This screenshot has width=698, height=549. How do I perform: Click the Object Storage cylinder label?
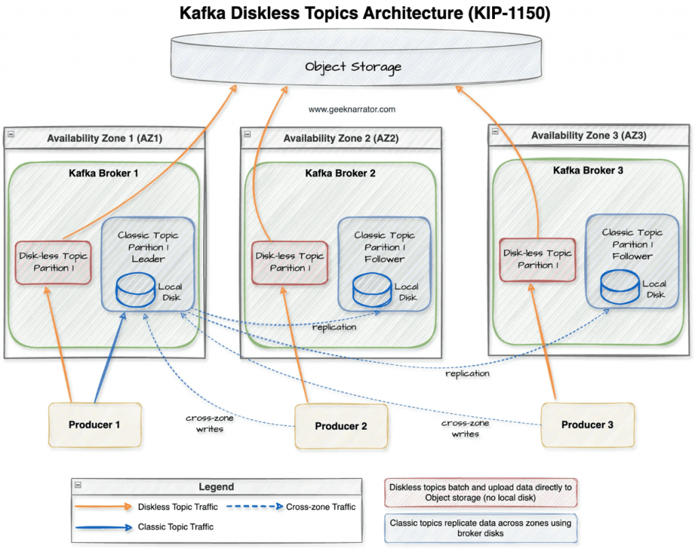pyautogui.click(x=352, y=67)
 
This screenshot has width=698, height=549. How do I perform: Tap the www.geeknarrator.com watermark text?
pyautogui.click(x=352, y=109)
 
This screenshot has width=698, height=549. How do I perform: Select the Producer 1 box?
pyautogui.click(x=94, y=425)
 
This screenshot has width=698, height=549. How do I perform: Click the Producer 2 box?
pyautogui.click(x=341, y=426)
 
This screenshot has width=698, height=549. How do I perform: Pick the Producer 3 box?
pyautogui.click(x=587, y=425)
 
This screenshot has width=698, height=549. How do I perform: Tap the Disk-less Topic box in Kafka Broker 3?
pyautogui.click(x=536, y=259)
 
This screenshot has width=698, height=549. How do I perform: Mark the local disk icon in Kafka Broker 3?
pyautogui.click(x=619, y=288)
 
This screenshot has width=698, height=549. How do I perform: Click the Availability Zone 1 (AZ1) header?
pyautogui.click(x=105, y=138)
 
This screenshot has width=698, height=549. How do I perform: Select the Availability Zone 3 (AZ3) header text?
pyautogui.click(x=588, y=136)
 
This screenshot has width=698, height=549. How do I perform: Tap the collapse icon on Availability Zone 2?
pyautogui.click(x=247, y=135)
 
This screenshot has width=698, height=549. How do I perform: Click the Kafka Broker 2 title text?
pyautogui.click(x=340, y=173)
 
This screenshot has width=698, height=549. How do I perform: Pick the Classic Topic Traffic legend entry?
pyautogui.click(x=175, y=526)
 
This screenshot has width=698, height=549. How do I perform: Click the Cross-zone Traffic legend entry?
pyautogui.click(x=320, y=507)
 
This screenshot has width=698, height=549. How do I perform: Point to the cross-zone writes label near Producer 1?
pyautogui.click(x=204, y=424)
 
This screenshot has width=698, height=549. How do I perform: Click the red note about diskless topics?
pyautogui.click(x=480, y=492)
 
